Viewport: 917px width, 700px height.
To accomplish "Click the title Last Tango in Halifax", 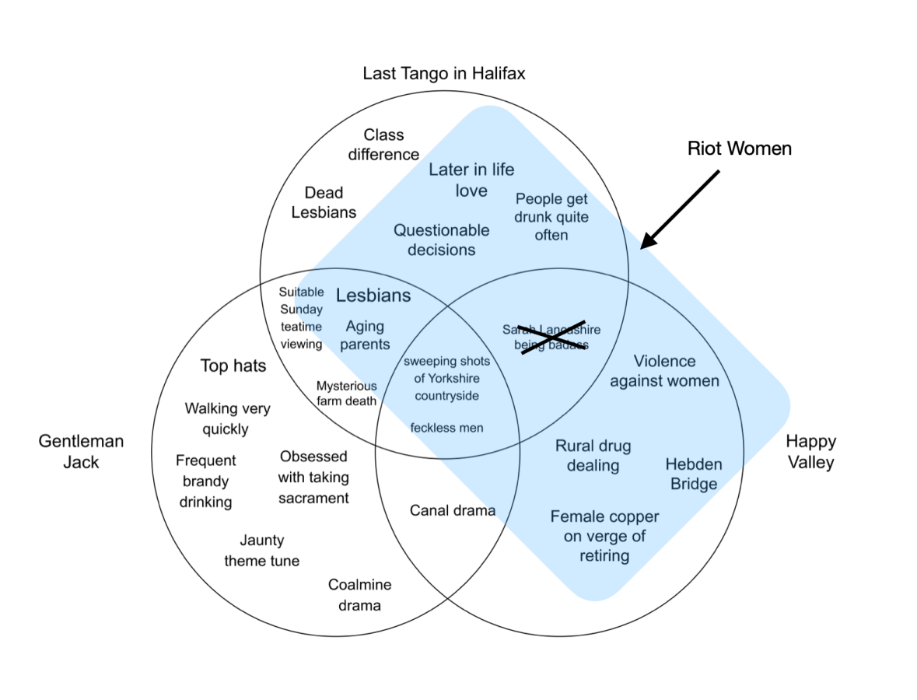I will click(x=444, y=74).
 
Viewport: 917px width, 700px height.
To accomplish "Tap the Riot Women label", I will click(x=739, y=148).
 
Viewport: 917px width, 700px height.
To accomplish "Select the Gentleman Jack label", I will click(x=81, y=452).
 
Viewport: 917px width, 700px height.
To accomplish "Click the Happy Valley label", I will click(x=810, y=452).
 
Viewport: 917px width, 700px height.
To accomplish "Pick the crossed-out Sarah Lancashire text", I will click(x=551, y=337).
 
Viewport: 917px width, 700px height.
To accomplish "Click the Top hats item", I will click(x=233, y=366).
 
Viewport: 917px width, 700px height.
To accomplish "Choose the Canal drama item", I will click(x=453, y=510).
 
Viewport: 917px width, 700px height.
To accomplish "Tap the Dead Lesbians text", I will click(x=324, y=202).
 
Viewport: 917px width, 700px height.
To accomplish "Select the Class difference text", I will click(x=383, y=145).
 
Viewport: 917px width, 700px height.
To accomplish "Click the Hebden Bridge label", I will click(x=694, y=474).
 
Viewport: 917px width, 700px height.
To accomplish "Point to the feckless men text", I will click(x=446, y=427).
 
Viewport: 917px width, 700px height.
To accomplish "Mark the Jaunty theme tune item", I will click(x=262, y=551).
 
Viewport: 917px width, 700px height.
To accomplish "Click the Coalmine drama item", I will click(x=359, y=595).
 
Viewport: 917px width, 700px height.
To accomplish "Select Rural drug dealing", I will click(x=593, y=456).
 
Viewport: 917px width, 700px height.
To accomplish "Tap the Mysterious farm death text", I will click(x=346, y=393).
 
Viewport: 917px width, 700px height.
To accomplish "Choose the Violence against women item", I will click(x=664, y=371).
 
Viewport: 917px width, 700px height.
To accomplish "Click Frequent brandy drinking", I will click(x=206, y=481).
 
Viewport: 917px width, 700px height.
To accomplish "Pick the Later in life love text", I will click(x=471, y=180).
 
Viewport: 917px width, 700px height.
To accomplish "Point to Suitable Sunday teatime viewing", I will click(x=301, y=318).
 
